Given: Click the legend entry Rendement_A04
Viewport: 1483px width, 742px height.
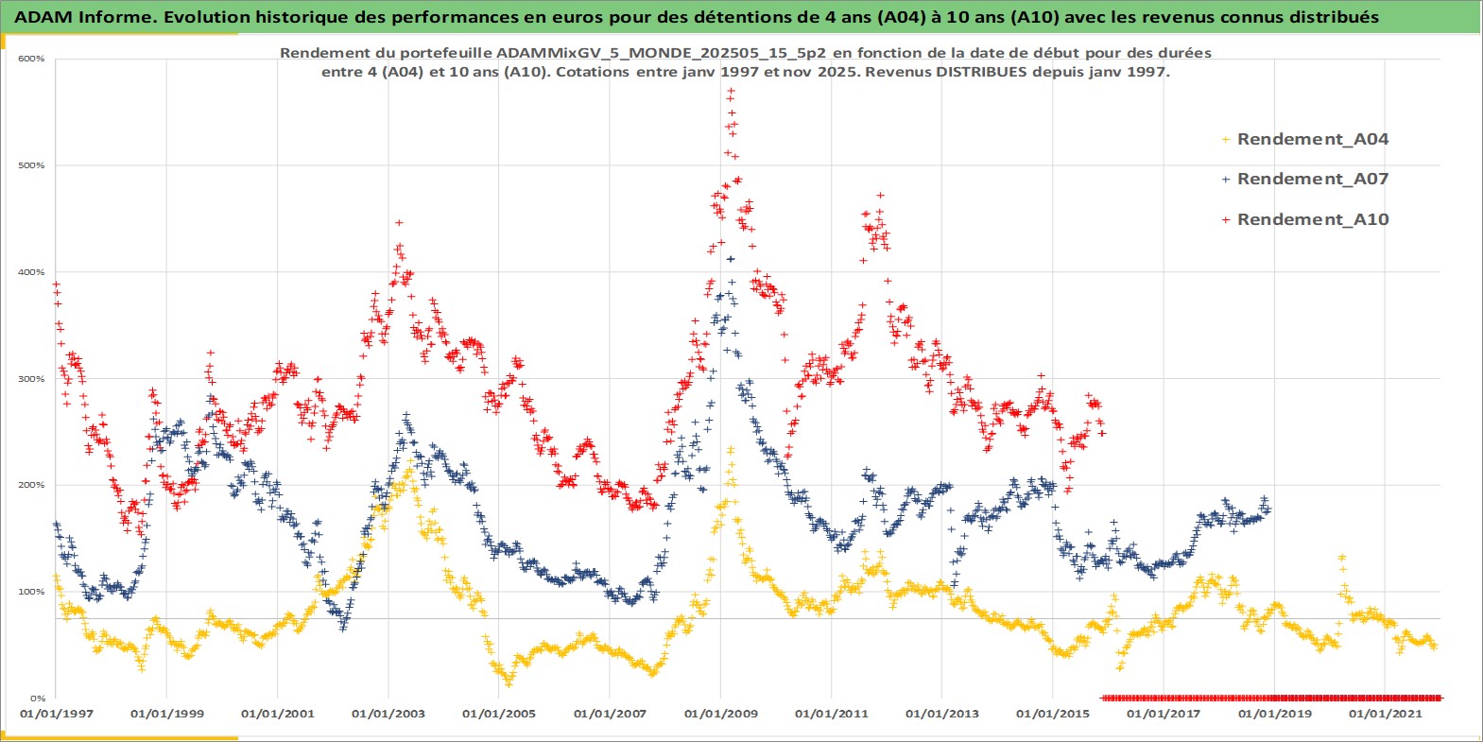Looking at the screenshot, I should click(1312, 139).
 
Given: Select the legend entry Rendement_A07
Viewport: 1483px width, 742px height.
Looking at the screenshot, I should click(1312, 179).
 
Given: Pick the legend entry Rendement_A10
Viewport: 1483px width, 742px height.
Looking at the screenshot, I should click(1312, 219).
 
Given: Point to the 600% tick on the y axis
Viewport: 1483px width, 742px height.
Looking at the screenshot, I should click(31, 59).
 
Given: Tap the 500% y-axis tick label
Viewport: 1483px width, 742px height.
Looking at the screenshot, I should click(31, 165).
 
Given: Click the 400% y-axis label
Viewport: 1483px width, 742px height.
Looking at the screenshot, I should click(31, 272).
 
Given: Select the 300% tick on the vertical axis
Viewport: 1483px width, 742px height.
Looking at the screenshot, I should click(31, 379).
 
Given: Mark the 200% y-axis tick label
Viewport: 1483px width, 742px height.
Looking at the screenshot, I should click(31, 485).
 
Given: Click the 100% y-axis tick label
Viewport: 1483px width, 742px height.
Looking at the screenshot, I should click(31, 592).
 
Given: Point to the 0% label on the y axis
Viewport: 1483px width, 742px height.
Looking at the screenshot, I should click(36, 699).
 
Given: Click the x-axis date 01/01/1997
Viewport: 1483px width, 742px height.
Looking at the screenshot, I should click(56, 714).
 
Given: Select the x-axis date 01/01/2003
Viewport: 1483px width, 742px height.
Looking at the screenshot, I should click(388, 714).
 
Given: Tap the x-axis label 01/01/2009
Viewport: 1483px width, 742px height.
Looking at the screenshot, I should click(720, 714).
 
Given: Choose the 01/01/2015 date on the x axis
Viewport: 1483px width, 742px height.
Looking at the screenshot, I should click(1052, 714).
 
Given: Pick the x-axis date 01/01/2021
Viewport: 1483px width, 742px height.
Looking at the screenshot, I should click(1385, 714).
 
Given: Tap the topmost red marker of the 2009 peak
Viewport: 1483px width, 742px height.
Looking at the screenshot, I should click(731, 92).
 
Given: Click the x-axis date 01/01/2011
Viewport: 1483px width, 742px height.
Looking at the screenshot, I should click(831, 714).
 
